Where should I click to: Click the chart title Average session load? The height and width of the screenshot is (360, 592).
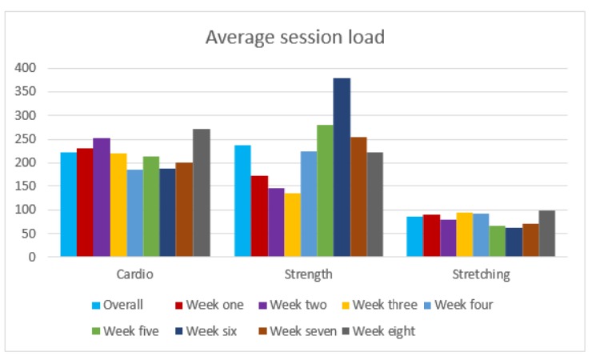[x=294, y=37]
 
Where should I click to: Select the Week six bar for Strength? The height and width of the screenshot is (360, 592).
[x=342, y=167]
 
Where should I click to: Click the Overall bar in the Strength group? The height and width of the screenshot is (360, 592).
[x=242, y=201]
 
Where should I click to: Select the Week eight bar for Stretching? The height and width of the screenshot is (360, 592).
[x=546, y=234]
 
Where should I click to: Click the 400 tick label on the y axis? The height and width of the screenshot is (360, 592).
[x=26, y=68]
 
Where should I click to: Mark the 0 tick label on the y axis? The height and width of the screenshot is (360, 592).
[x=32, y=257]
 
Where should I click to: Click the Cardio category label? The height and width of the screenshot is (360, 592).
[x=134, y=274]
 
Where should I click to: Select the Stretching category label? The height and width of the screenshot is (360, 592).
[x=480, y=274]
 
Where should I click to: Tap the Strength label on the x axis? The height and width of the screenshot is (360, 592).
[x=308, y=274]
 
